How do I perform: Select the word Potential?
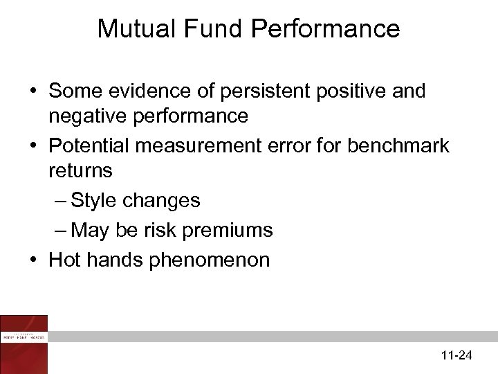(x=93, y=146)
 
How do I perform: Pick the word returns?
(x=80, y=171)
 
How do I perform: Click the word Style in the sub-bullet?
(x=94, y=201)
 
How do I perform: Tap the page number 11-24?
(x=456, y=356)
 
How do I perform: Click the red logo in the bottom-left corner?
(x=24, y=344)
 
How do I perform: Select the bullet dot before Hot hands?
(x=33, y=261)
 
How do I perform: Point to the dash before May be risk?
(x=60, y=231)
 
